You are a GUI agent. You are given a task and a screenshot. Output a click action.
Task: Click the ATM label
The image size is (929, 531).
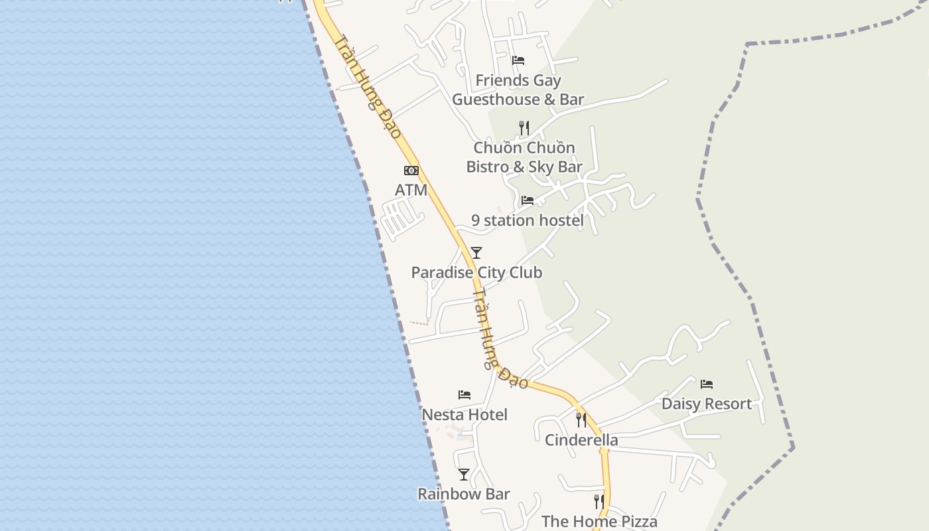coord(411,190)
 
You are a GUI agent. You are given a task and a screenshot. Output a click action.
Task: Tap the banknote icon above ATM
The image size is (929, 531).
coord(411,171)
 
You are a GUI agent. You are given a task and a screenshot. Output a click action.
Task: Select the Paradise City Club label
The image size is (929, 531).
coord(476,272)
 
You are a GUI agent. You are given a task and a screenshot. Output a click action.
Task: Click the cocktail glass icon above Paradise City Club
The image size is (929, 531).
coord(476,253)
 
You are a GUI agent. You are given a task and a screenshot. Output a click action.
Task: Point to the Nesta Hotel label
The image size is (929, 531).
coord(464,415)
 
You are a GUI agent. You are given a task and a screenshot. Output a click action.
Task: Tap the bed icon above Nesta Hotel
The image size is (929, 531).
coord(464,395)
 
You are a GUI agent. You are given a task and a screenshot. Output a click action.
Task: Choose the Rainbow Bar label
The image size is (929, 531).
coord(463,494)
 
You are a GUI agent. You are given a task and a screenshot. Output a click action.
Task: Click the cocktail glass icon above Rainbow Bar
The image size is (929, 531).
coord(464,475)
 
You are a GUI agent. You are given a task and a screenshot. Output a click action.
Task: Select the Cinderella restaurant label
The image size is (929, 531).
coord(581,440)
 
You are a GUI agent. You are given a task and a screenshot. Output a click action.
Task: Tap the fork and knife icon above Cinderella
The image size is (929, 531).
coord(581,420)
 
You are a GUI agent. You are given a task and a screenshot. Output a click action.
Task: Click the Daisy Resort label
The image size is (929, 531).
coord(707,404)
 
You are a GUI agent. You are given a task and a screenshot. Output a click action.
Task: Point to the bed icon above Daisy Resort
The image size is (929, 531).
coord(707,384)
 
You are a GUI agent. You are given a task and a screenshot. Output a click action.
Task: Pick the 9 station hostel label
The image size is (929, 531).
coord(528,220)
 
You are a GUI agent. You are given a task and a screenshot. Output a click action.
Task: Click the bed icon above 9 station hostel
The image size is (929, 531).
coord(528,200)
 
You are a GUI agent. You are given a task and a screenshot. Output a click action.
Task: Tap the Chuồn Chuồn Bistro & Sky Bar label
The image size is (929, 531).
coord(524,157)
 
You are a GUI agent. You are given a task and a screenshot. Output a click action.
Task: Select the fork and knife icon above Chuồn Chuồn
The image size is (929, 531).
coord(524,127)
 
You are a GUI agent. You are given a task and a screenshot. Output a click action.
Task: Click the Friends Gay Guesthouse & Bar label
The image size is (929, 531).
coord(518,90)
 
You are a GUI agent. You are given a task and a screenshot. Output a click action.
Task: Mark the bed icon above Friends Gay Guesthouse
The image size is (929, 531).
coord(518,60)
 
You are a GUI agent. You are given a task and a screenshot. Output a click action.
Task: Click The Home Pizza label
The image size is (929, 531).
coord(599,521)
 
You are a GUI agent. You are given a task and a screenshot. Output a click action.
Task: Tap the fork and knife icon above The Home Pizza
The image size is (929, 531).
coord(599,502)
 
